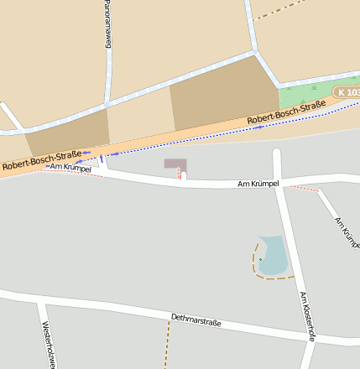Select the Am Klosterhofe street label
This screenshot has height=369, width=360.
coord(306,316)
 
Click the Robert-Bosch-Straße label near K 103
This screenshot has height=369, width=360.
coord(286,114)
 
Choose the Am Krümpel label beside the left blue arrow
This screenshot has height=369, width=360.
coord(70,168)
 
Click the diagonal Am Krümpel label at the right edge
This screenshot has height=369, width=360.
coord(346,232)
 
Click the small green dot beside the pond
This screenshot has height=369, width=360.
coord(260,260)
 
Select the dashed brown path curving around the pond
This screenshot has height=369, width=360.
coord(255,267)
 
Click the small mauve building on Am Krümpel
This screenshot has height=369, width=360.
coord(175,164)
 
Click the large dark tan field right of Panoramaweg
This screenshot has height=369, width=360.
coord(222,94)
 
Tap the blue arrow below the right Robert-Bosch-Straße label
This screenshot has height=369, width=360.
coord(258,127)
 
